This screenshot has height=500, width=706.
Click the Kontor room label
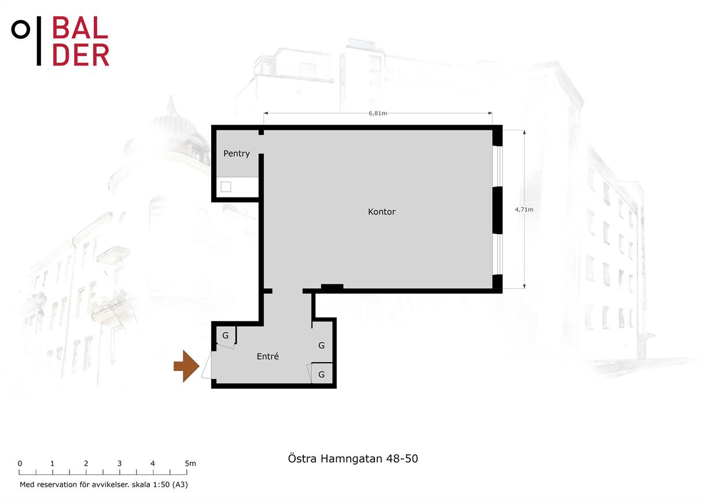click(x=381, y=211)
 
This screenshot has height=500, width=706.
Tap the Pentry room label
click(x=236, y=154)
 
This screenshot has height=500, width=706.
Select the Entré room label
click(x=267, y=356)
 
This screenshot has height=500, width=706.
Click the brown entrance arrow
click(x=186, y=366)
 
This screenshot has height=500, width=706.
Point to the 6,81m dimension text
click(x=377, y=113)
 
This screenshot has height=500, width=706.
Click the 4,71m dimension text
click(x=524, y=210)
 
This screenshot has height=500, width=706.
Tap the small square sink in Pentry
click(x=226, y=187)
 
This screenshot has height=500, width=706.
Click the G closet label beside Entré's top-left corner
click(x=225, y=335)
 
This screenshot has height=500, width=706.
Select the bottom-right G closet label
click(x=321, y=374)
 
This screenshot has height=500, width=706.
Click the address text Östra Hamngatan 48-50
click(x=352, y=458)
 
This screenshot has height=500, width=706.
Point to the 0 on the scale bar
click(x=20, y=463)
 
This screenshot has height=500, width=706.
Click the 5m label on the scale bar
click(x=190, y=463)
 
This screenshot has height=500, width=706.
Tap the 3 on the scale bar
click(x=119, y=463)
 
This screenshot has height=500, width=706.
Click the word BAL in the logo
click(x=80, y=28)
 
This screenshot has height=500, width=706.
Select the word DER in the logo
click(x=81, y=54)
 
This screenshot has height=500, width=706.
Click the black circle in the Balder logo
click(x=21, y=30)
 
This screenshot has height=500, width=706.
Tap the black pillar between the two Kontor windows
click(x=497, y=210)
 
